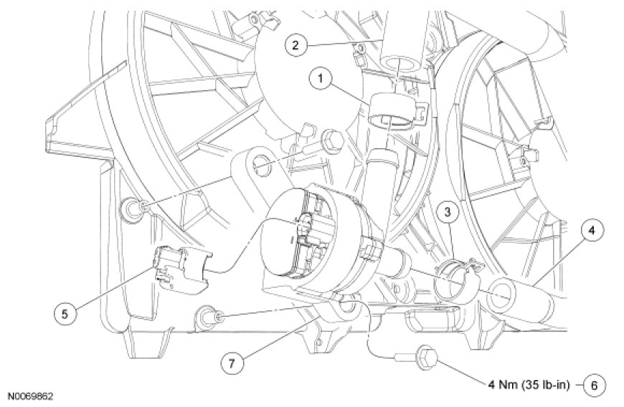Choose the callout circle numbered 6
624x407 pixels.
pos(593,385)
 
